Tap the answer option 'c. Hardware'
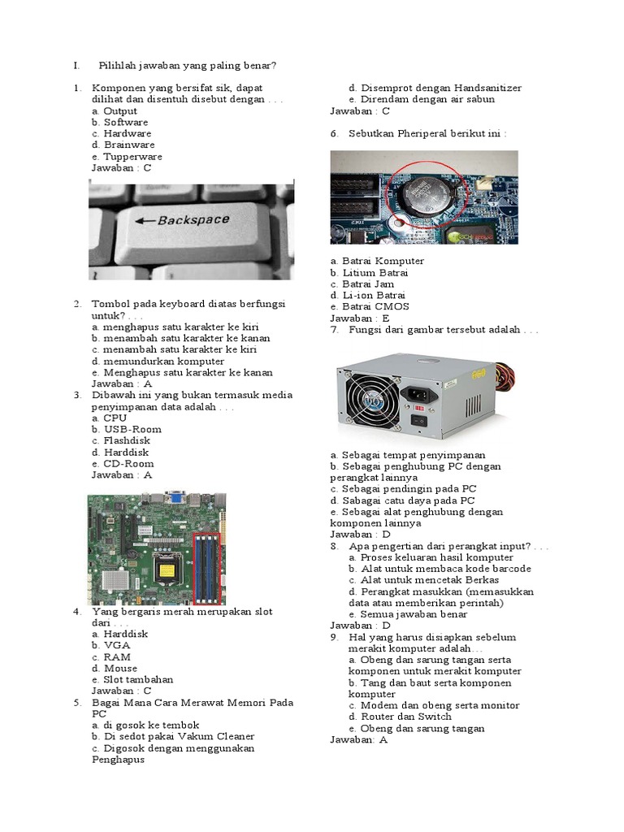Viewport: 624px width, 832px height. tap(122, 133)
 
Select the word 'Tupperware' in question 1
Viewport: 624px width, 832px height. tap(132, 157)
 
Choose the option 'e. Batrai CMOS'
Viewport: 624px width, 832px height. tap(370, 307)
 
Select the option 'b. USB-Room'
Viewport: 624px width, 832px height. tap(127, 429)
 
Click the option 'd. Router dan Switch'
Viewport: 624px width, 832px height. tap(400, 717)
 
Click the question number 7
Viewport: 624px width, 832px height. tap(334, 331)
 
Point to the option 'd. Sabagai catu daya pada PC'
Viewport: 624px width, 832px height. tap(402, 500)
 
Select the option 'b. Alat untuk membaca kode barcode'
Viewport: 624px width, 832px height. tap(440, 569)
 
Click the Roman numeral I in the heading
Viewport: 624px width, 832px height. tap(75, 65)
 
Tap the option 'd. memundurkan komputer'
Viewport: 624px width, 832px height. tap(158, 361)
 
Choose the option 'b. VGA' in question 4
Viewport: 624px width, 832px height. tap(111, 645)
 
